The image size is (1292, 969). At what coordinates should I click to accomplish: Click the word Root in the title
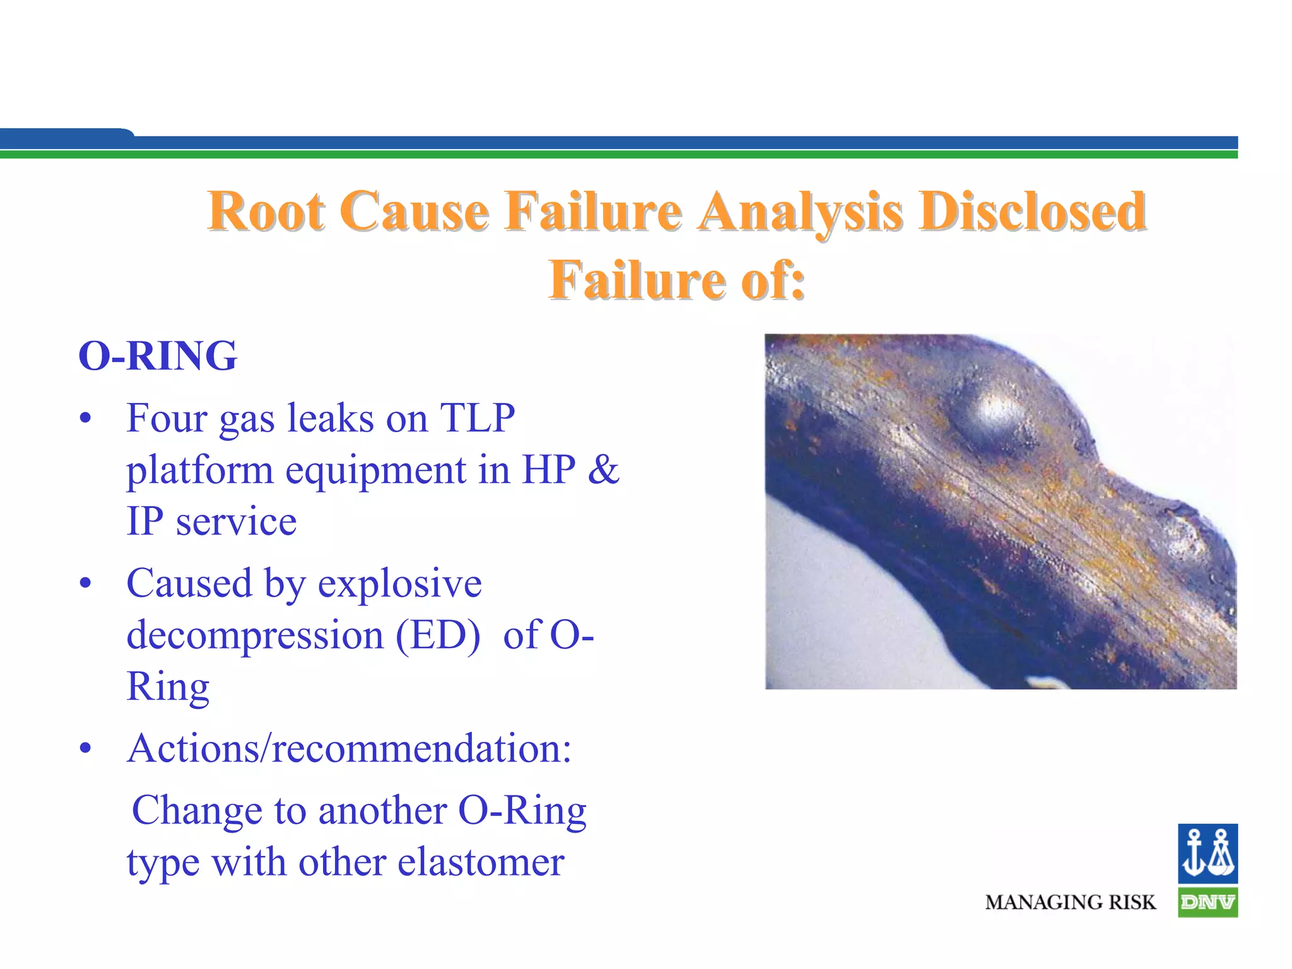(x=266, y=211)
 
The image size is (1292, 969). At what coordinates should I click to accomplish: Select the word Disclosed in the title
(x=1031, y=211)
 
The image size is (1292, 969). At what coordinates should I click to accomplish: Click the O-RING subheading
(x=158, y=356)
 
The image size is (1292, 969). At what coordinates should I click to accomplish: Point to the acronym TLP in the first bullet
(x=478, y=418)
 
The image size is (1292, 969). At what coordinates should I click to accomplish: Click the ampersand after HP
(x=603, y=469)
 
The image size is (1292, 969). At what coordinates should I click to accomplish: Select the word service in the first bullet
(x=236, y=522)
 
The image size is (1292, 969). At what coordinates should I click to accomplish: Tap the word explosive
(x=399, y=583)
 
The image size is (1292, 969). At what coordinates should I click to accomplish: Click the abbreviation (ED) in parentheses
(x=437, y=635)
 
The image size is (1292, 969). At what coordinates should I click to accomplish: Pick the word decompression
(x=255, y=636)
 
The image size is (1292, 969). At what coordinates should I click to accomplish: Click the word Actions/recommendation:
(x=349, y=749)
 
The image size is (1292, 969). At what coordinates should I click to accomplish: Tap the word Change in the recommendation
(x=197, y=811)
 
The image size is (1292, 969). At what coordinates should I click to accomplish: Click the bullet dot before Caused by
(x=86, y=584)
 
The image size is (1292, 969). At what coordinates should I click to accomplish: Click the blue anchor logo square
(x=1207, y=853)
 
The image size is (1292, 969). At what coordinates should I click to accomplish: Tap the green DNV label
(x=1207, y=903)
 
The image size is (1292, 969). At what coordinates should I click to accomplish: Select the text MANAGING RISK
(x=1071, y=903)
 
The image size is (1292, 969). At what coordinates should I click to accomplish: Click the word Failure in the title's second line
(x=637, y=280)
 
